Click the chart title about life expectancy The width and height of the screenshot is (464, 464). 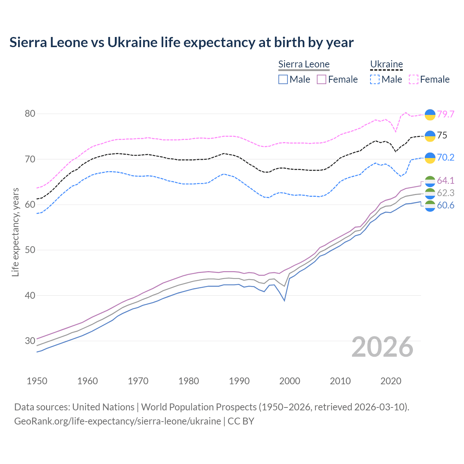(x=181, y=42)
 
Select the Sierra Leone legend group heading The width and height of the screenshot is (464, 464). (x=304, y=65)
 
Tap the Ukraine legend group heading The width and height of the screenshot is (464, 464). (x=386, y=65)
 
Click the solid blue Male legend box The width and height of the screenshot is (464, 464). (x=283, y=79)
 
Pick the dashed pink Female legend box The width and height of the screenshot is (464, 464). (x=414, y=79)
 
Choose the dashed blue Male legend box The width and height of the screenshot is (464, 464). (x=375, y=79)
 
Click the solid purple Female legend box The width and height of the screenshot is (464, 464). (x=322, y=79)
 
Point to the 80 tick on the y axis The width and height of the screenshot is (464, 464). (x=30, y=114)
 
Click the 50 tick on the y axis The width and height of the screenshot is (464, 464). (x=30, y=250)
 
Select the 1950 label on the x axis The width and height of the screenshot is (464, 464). (x=37, y=381)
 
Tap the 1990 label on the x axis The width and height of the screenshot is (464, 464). (x=239, y=381)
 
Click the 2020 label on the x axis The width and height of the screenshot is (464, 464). (x=391, y=381)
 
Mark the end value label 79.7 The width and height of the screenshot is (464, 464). (x=446, y=114)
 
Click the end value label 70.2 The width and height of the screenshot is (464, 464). (x=446, y=157)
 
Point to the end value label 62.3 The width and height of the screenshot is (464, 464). (x=446, y=193)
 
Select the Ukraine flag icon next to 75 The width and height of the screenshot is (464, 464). (x=430, y=136)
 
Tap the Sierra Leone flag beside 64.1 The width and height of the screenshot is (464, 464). (x=430, y=181)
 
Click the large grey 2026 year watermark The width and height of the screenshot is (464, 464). (x=382, y=347)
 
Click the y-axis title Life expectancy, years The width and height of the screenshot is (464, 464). (x=15, y=232)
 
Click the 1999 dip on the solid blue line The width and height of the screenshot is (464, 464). (x=285, y=301)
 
